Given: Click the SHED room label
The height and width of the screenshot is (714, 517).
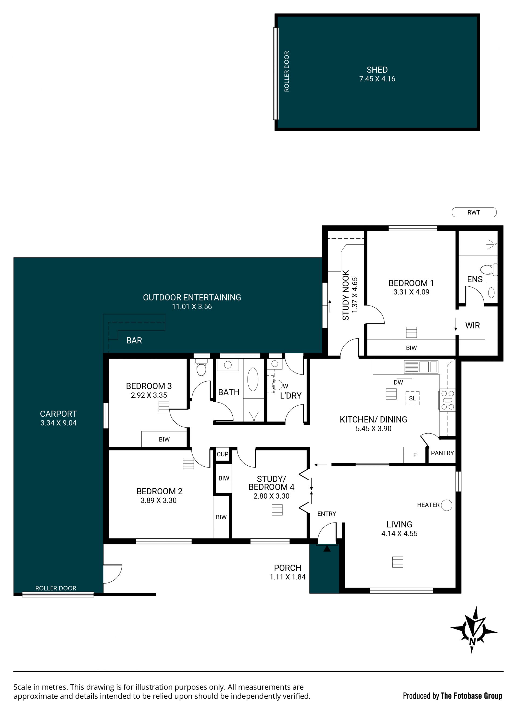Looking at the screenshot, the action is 377,70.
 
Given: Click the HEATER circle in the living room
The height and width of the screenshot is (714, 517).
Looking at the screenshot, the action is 446,505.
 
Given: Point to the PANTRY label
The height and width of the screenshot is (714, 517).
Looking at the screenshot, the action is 442,453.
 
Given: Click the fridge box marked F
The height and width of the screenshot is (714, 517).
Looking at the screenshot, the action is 414,455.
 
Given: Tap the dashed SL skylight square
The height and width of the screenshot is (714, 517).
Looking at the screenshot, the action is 412,398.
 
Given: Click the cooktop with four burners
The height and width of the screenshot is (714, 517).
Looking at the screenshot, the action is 448,400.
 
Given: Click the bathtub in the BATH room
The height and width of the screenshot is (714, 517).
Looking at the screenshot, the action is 253,379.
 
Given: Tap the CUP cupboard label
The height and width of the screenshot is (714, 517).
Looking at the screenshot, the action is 222,454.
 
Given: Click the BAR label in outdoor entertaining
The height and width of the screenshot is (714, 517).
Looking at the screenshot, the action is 134,341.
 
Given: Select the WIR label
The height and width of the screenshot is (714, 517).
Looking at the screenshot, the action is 472,325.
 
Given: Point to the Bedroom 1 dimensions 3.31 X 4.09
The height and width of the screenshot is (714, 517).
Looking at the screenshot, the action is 411,292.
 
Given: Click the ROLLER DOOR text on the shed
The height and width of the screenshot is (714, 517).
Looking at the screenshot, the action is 287,71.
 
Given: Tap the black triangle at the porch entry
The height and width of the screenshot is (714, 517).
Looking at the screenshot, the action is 327,549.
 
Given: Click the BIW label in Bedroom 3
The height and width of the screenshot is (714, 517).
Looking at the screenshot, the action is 164,440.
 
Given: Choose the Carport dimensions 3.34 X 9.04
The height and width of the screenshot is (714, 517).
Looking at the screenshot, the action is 58,423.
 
